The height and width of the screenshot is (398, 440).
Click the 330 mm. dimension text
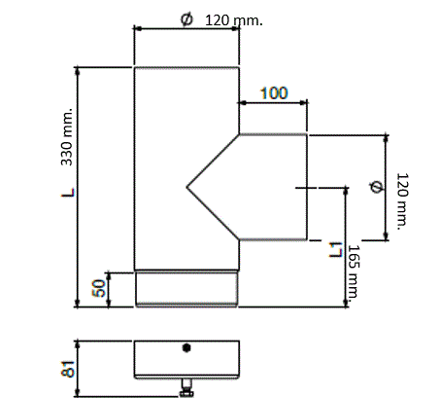click(67, 137)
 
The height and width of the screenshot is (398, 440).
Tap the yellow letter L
click(68, 193)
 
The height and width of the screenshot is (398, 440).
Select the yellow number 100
click(274, 93)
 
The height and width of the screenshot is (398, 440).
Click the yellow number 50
click(99, 288)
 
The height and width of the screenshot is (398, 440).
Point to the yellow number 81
click(68, 369)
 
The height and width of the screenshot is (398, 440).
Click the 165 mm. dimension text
click(354, 271)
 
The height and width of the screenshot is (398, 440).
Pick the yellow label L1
click(335, 250)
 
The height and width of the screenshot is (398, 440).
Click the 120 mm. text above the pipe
click(234, 20)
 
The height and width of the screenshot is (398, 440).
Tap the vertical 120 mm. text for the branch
click(402, 201)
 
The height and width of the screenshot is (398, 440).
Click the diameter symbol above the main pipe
click(186, 19)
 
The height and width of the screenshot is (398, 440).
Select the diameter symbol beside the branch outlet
click(376, 187)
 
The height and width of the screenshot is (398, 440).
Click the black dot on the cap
click(186, 347)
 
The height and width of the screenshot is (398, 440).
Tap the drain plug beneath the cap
click(186, 387)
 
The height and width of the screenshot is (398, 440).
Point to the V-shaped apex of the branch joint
click(186, 187)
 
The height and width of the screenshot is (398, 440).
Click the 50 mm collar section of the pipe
click(186, 289)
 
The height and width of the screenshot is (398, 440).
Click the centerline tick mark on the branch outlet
click(306, 187)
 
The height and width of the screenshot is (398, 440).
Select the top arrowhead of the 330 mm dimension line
click(77, 70)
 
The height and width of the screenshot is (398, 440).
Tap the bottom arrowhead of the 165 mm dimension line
click(346, 303)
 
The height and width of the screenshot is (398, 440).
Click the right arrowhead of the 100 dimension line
click(303, 103)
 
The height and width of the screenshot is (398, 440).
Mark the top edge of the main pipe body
click(186, 67)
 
